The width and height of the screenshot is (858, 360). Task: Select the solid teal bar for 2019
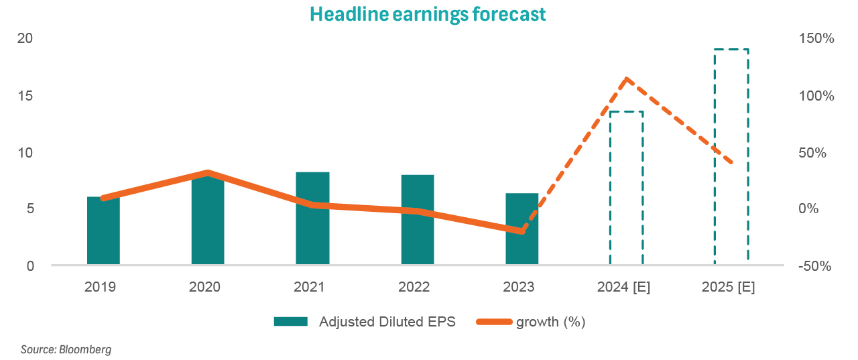[x=103, y=231]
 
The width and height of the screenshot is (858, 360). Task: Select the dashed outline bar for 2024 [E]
[x=626, y=188]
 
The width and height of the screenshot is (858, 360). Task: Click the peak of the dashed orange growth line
[x=627, y=79]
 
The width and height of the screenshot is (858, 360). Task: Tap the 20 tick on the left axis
[x=25, y=39]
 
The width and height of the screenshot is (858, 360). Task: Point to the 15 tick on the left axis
[x=25, y=96]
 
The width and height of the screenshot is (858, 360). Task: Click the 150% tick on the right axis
[x=816, y=39]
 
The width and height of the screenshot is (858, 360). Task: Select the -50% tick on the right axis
[x=815, y=266]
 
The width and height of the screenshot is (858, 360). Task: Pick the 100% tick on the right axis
[x=816, y=96]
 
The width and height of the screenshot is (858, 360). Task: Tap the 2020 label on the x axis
[x=204, y=288]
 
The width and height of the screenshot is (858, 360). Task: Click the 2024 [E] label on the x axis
[x=623, y=288]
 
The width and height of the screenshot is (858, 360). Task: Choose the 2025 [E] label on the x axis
[x=728, y=288]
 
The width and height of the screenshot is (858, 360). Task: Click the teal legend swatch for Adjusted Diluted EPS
[x=290, y=322]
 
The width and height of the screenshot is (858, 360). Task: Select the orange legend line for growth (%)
[x=493, y=322]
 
